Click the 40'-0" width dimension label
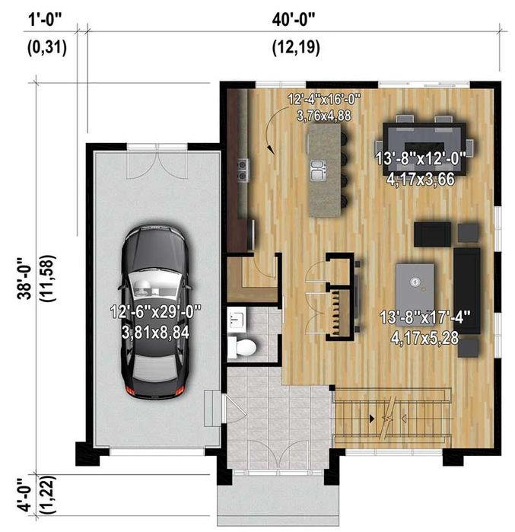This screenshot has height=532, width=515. [294, 20]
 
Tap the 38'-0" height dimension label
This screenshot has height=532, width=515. [24, 279]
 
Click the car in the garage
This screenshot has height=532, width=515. [155, 311]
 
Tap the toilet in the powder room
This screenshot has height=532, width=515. [241, 347]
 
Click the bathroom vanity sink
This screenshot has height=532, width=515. [237, 320]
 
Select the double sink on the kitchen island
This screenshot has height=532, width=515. [319, 170]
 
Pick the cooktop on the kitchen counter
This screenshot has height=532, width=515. [243, 170]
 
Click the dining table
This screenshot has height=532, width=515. [424, 149]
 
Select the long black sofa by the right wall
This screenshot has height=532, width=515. [467, 291]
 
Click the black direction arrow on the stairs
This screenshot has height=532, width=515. [372, 419]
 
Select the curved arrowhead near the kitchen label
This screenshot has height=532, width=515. [271, 149]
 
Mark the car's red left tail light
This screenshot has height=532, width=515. [131, 390]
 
